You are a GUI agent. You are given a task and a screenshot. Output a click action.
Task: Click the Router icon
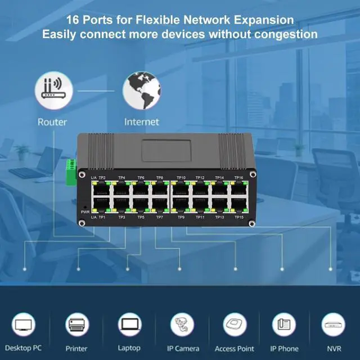(x=52, y=90)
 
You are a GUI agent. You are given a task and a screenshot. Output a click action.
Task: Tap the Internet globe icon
(x=141, y=90)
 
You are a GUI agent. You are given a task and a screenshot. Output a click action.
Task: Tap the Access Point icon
(x=235, y=325)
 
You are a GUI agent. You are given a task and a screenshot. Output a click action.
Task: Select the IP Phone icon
(x=284, y=325)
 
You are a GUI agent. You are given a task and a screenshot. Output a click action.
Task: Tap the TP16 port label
(x=238, y=178)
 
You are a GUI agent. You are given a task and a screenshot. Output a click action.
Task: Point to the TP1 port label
(x=102, y=217)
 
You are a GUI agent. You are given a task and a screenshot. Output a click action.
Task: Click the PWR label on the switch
(x=85, y=212)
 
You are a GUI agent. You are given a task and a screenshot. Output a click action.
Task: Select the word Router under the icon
(x=52, y=122)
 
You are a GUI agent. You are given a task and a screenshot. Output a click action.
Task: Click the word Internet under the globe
(x=141, y=122)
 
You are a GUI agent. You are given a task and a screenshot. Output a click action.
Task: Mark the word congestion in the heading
(x=286, y=34)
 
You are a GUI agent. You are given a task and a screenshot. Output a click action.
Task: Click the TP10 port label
(x=181, y=178)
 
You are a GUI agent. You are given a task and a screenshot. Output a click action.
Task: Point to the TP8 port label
(x=160, y=178)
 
